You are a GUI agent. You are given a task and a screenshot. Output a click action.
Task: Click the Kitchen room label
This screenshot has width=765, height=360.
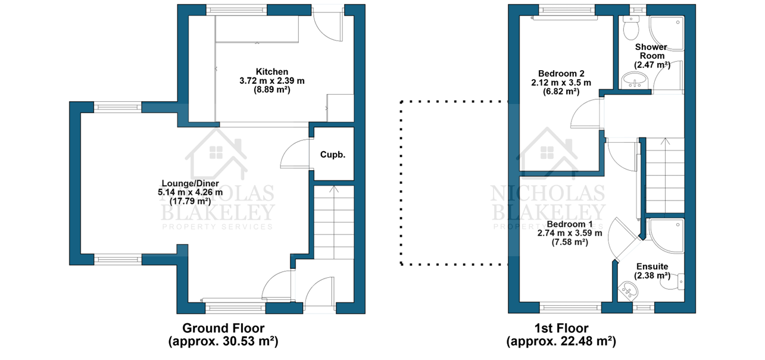[272, 71]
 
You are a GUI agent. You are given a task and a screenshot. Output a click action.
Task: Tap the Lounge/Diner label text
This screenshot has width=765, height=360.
[191, 184]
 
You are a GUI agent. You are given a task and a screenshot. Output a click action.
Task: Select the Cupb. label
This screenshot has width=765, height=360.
[333, 155]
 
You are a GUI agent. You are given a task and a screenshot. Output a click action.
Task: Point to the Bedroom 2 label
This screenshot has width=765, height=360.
[561, 73]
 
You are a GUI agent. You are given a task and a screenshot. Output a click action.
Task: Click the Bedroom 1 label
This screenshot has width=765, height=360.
[570, 224]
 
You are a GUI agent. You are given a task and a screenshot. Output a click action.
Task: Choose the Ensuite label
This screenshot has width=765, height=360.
[652, 267]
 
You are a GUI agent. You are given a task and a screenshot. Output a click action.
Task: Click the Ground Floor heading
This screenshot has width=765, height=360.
[223, 328]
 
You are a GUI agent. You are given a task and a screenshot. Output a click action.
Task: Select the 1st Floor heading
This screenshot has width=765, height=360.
[561, 328]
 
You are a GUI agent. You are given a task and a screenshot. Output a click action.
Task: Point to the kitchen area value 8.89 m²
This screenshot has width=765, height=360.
[272, 90]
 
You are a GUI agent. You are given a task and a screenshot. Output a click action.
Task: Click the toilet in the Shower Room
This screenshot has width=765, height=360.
[631, 27]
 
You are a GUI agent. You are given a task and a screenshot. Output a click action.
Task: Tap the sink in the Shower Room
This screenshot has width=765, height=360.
[635, 81]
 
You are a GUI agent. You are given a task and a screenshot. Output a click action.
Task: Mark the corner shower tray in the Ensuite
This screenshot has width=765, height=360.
[667, 236]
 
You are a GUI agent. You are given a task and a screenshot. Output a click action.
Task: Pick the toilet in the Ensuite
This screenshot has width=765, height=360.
[672, 282]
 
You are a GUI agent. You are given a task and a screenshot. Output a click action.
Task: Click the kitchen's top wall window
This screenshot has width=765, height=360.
[236, 10]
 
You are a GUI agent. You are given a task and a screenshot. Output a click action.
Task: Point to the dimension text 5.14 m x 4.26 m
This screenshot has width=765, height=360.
[191, 192]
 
